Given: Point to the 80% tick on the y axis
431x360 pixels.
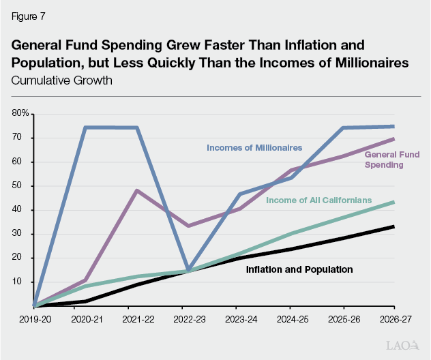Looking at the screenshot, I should pyautogui.click(x=20, y=113).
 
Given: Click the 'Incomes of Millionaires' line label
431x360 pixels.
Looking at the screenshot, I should pyautogui.click(x=254, y=147).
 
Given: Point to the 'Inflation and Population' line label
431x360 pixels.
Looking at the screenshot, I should pyautogui.click(x=299, y=269).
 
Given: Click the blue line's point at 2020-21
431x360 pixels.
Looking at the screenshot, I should pyautogui.click(x=85, y=127).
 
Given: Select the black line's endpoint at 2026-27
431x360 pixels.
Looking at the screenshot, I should pyautogui.click(x=393, y=226).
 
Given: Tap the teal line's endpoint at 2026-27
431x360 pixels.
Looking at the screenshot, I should pyautogui.click(x=393, y=202).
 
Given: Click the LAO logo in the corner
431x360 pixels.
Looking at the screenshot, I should pyautogui.click(x=402, y=346).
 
